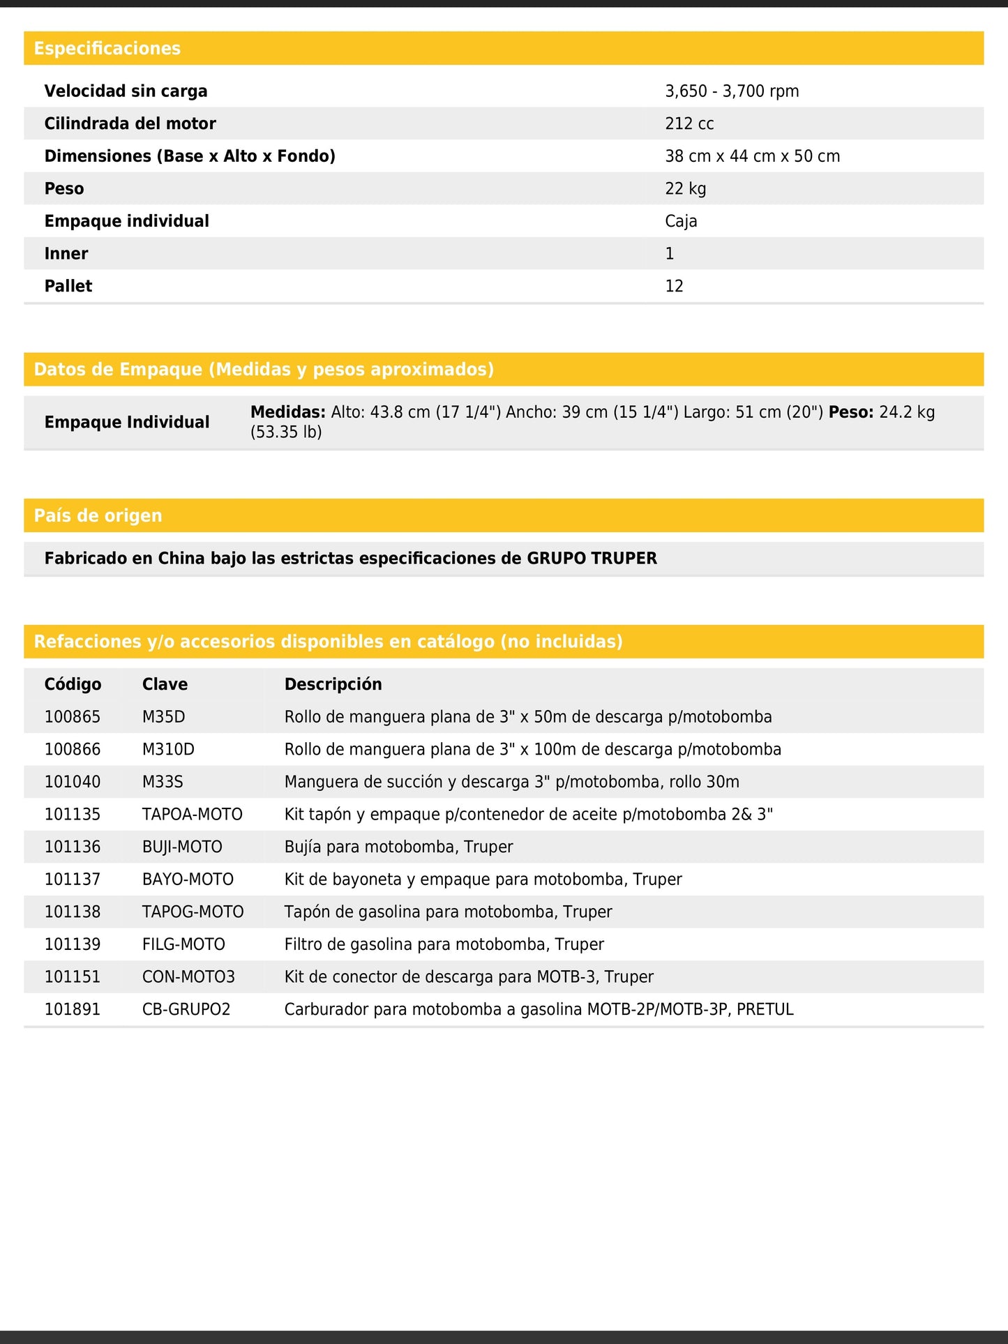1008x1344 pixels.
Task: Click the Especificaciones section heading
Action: coord(107,48)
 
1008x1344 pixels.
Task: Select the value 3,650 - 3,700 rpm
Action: coord(732,91)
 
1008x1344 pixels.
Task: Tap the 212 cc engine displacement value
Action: coord(689,123)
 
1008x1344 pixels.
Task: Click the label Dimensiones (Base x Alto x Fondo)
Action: coord(190,156)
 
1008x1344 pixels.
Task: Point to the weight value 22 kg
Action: coord(685,188)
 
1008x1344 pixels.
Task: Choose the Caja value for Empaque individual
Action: coord(681,221)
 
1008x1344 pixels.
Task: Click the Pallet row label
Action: coord(68,286)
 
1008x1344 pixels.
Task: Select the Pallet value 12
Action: coord(674,286)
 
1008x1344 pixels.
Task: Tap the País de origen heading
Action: coord(98,515)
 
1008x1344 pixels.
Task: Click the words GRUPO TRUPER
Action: coord(592,558)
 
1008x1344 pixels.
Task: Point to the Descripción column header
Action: coord(333,684)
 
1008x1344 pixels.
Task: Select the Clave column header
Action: coord(165,684)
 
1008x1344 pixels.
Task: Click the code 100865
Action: coord(73,717)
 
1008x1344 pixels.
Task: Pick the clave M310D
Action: coord(168,749)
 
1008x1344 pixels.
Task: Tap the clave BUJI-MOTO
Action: coord(182,847)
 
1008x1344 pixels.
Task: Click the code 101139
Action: coord(73,944)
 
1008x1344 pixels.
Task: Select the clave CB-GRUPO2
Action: coord(186,1009)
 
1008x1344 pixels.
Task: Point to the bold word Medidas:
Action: coord(287,412)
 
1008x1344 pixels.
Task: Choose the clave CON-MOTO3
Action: coord(188,976)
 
